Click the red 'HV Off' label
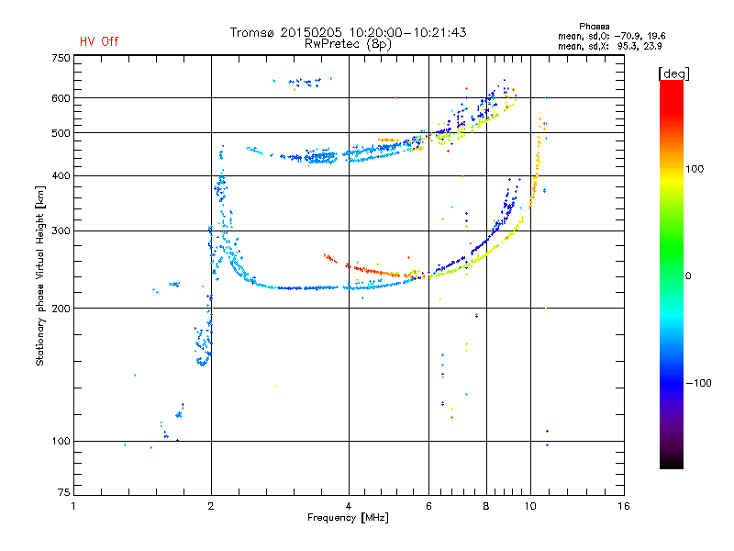(x=98, y=41)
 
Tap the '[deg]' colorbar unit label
(x=674, y=73)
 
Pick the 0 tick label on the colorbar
(x=691, y=275)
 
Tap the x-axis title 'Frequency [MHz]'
(x=348, y=519)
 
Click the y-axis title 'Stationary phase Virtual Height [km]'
(x=40, y=275)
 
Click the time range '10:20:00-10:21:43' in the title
(x=413, y=32)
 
